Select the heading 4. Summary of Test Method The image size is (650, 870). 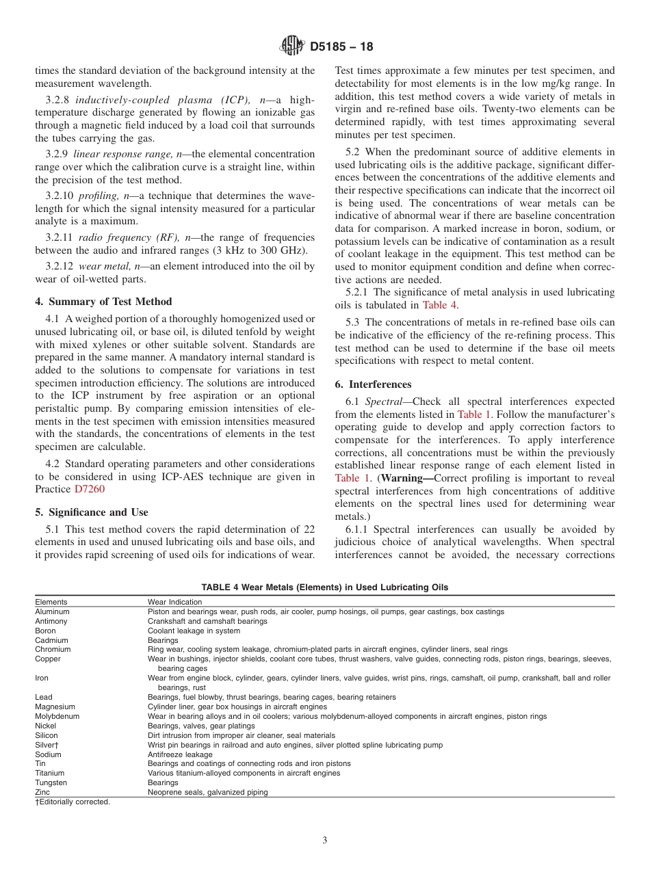click(103, 302)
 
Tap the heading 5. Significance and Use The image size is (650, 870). click(92, 512)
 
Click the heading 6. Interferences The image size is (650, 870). click(373, 384)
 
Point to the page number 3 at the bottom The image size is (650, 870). click(325, 841)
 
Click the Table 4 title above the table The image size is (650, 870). click(325, 588)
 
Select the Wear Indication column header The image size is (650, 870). click(175, 602)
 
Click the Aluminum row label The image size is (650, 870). click(52, 611)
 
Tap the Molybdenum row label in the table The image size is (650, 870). click(57, 716)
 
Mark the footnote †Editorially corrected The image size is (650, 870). click(73, 802)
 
